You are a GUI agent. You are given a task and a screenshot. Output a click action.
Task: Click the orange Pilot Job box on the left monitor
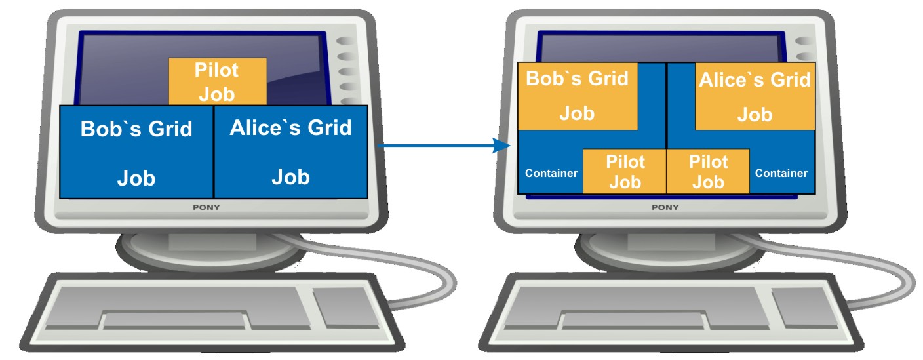(218, 81)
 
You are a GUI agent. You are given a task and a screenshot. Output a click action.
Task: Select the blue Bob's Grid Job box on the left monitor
(136, 152)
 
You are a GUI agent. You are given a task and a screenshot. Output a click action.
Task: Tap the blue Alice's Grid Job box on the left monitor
(290, 152)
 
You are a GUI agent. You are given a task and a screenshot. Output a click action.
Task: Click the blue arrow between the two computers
(446, 146)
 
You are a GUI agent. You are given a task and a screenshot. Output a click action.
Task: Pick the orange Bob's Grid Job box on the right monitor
(577, 96)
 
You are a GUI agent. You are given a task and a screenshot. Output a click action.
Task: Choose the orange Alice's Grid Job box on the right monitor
(755, 96)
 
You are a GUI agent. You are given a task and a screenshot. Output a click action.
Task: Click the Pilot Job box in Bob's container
(625, 172)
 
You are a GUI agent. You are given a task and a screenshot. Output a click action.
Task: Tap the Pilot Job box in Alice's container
(707, 172)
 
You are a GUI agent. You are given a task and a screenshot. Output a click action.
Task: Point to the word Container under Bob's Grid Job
(551, 174)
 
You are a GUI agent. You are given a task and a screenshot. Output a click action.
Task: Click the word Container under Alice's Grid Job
(781, 174)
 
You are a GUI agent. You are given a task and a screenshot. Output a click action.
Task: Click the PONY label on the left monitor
(205, 207)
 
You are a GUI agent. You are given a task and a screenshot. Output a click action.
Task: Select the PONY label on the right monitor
(664, 207)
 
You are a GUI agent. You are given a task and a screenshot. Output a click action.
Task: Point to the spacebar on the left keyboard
(175, 321)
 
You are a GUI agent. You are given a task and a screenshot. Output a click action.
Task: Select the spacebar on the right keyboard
(634, 321)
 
